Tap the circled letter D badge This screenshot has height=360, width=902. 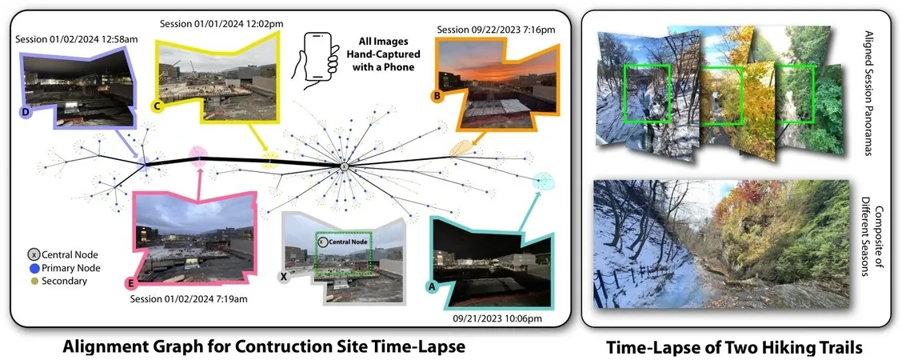click(x=26, y=114)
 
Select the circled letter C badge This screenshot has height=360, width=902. click(x=156, y=106)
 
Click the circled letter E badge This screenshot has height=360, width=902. click(x=131, y=283)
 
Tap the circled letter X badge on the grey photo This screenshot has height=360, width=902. click(x=284, y=277)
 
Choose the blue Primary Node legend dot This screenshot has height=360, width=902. click(x=34, y=268)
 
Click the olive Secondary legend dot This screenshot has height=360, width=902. click(x=34, y=282)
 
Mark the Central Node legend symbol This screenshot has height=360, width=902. click(x=34, y=254)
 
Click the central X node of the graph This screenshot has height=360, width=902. click(x=342, y=166)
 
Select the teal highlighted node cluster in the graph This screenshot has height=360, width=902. click(x=543, y=181)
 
